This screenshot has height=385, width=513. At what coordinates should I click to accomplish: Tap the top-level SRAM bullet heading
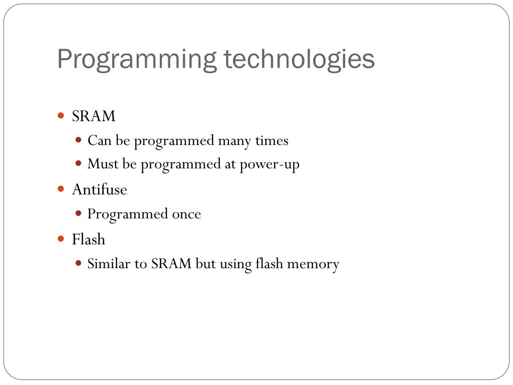(94, 116)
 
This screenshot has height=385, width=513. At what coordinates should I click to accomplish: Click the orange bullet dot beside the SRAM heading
(61, 116)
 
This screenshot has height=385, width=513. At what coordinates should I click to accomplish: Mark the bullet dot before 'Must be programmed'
(79, 163)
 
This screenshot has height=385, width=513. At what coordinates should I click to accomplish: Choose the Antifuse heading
(99, 189)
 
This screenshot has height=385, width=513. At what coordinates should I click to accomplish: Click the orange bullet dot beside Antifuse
(61, 189)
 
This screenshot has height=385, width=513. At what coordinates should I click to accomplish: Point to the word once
(186, 214)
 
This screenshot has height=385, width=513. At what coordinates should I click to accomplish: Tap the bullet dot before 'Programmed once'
(79, 213)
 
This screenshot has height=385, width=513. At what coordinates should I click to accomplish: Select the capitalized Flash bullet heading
(89, 239)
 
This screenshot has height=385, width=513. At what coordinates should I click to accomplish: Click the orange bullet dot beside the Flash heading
(61, 239)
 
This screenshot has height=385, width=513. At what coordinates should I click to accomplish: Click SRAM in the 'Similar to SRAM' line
(172, 264)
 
